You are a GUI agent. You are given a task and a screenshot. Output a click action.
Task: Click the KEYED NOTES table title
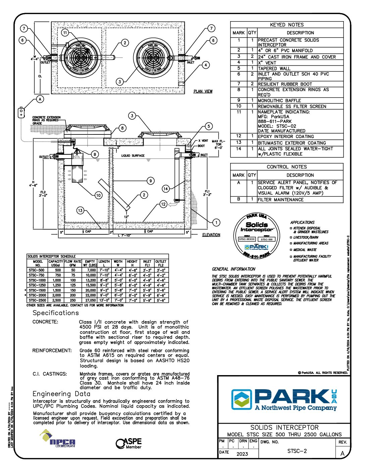click(x=287, y=25)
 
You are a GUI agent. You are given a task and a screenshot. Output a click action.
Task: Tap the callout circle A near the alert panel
click(x=40, y=99)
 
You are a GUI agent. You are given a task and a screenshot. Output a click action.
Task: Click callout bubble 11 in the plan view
click(x=65, y=33)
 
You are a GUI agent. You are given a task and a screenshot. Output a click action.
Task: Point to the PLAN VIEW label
click(x=203, y=91)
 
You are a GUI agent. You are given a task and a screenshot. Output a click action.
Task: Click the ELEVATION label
click(x=211, y=235)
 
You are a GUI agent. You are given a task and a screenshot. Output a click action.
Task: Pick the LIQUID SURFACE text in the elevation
click(x=133, y=156)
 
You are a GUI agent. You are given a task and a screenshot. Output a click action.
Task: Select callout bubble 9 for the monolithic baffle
click(x=151, y=181)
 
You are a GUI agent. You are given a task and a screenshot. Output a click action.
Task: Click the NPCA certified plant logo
click(x=58, y=439)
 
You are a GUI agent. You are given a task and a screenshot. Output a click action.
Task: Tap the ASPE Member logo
click(x=129, y=443)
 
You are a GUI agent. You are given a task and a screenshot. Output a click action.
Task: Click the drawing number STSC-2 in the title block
click(x=297, y=451)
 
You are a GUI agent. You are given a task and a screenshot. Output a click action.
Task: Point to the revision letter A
click(x=343, y=454)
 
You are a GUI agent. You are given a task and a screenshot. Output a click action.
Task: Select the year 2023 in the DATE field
click(x=242, y=454)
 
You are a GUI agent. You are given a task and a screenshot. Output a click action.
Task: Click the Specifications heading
click(x=56, y=313)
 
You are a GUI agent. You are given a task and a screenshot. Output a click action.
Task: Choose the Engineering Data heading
click(x=61, y=394)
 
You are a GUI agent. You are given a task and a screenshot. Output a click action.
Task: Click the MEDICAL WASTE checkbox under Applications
click(x=291, y=250)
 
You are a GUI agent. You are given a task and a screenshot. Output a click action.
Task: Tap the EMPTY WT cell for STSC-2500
click(x=91, y=300)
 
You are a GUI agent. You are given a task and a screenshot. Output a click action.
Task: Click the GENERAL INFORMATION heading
click(x=233, y=269)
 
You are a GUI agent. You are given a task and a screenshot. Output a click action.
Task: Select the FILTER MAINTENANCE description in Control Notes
click(x=281, y=199)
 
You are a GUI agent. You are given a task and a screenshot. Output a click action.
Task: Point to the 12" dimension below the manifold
click(x=126, y=217)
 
